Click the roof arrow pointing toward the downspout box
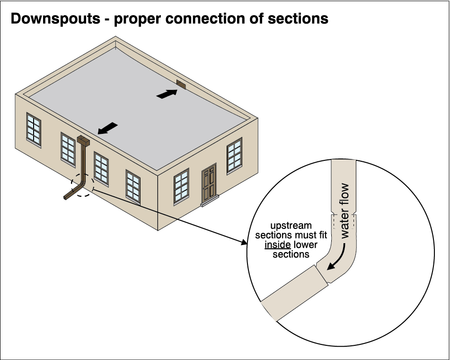(107, 128)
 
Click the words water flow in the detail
(345, 210)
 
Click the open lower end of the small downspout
(64, 197)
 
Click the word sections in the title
(298, 19)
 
